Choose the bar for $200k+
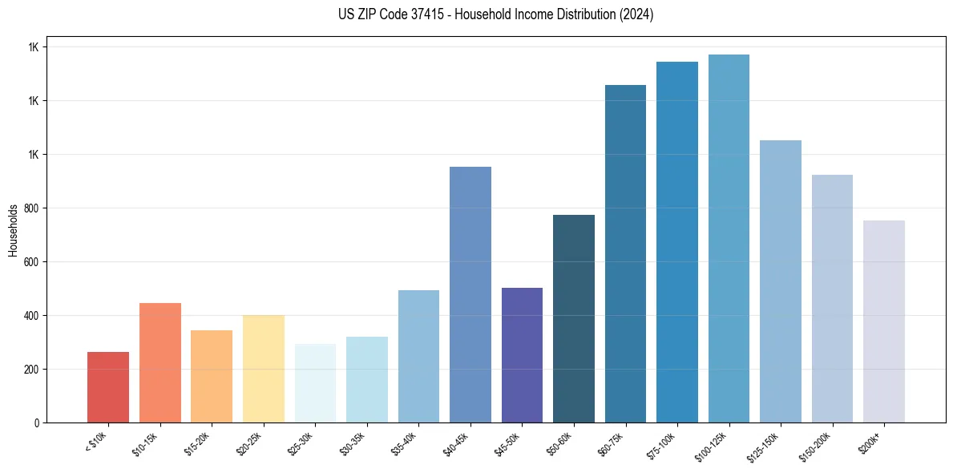click(884, 321)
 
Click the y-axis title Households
click(13, 230)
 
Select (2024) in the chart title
click(636, 14)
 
